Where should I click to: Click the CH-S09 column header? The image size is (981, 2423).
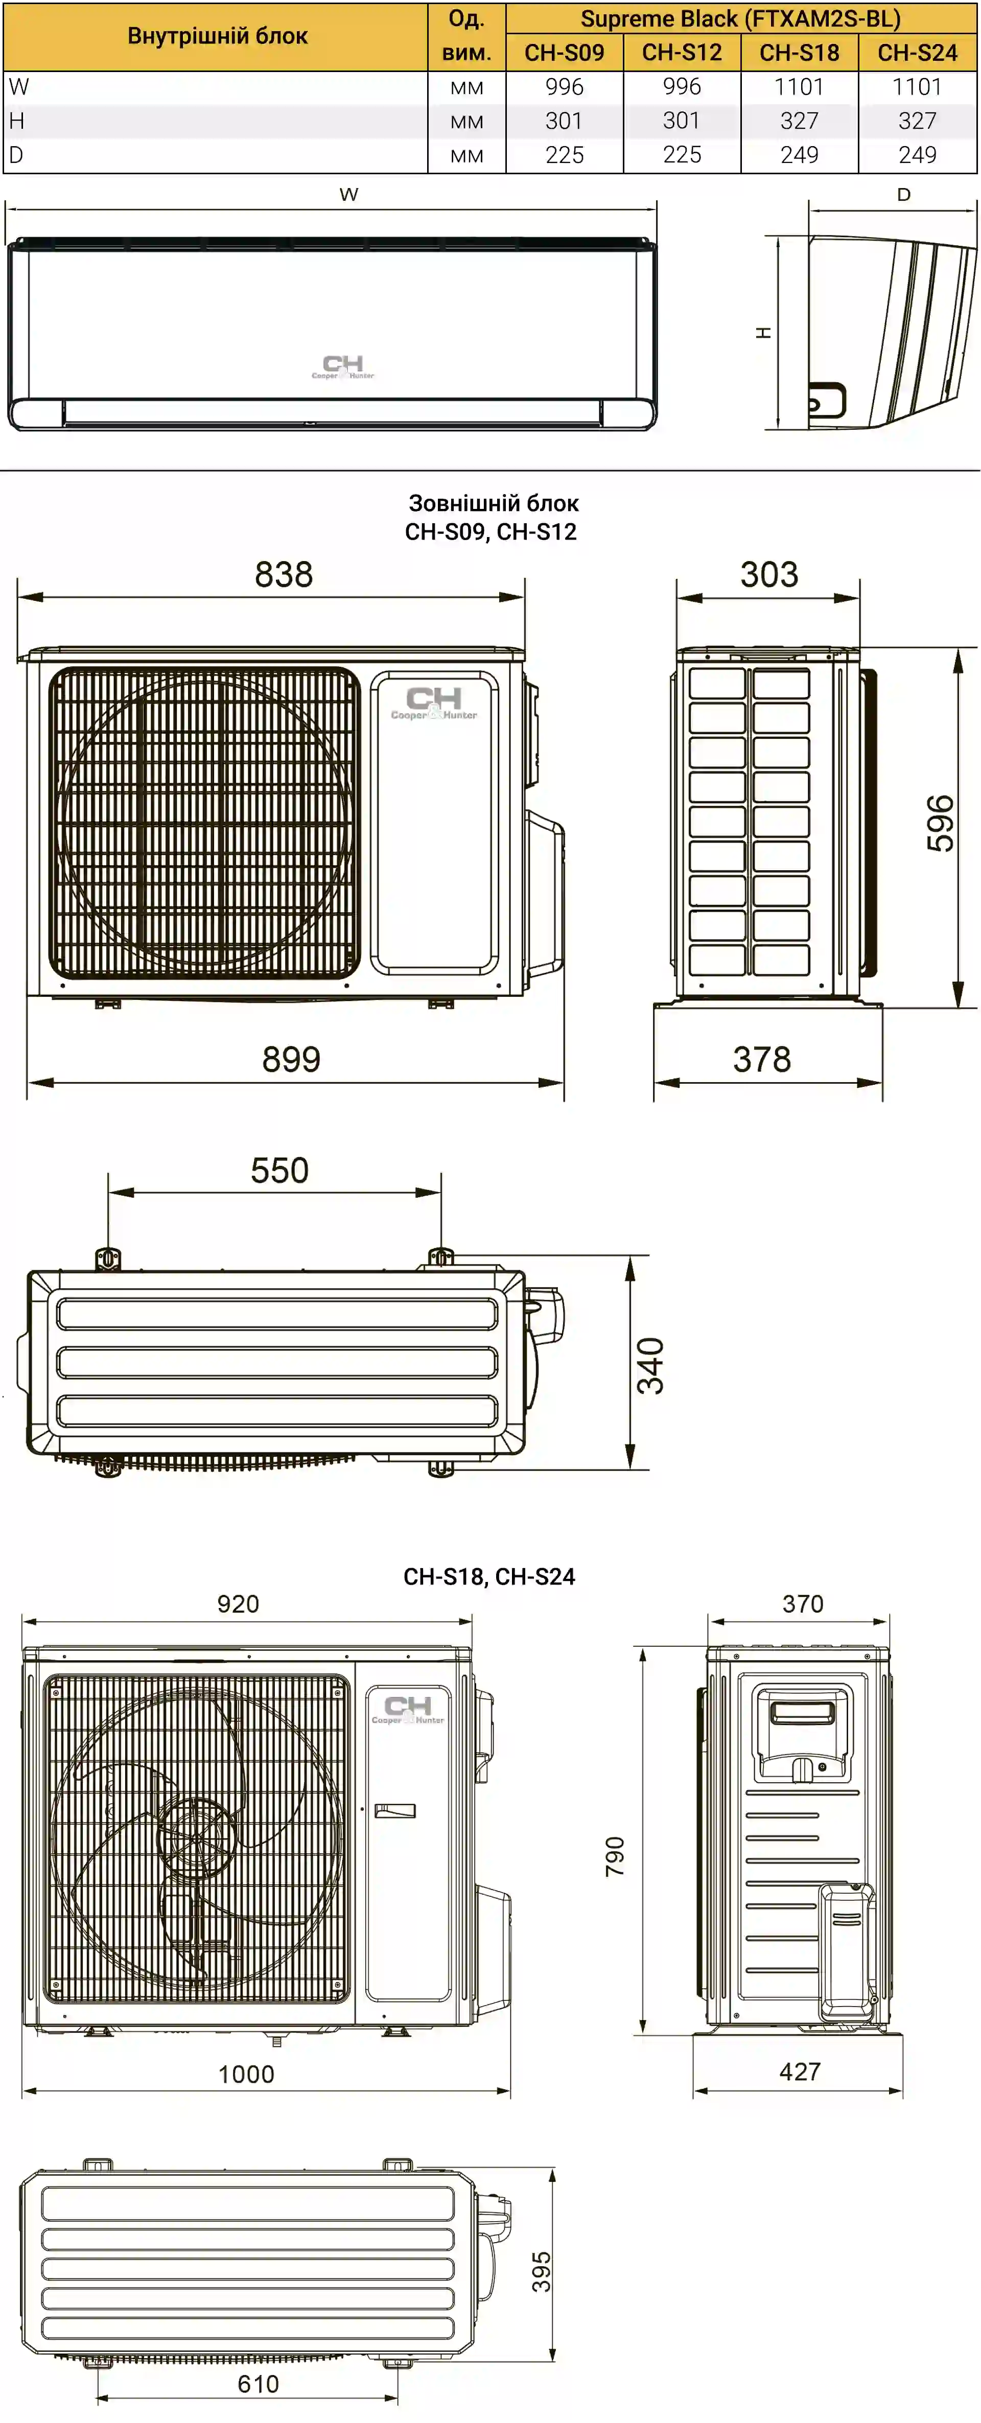[x=565, y=53]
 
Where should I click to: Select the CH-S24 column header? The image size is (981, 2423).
[x=917, y=53]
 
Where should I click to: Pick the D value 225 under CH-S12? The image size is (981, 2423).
[x=682, y=155]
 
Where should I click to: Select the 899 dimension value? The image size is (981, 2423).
[x=292, y=1059]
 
